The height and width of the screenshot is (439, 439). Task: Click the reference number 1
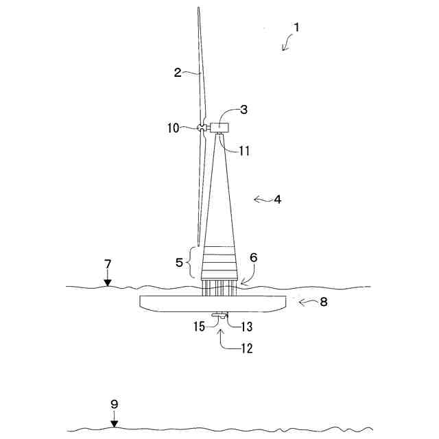tap(296, 28)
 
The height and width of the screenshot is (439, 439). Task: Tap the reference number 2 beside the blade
tap(178, 73)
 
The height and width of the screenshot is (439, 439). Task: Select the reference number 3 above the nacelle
tap(244, 110)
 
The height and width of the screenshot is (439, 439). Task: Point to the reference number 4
tap(277, 200)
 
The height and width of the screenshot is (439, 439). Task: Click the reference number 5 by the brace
tap(180, 262)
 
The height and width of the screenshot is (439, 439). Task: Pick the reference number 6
tap(253, 257)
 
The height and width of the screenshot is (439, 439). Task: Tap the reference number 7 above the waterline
tap(108, 264)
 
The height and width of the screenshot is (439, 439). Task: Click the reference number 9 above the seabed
tap(115, 405)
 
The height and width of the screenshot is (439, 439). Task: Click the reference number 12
tap(246, 348)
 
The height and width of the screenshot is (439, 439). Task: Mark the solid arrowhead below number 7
tap(108, 282)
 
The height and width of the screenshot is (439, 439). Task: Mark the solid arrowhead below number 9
tap(115, 424)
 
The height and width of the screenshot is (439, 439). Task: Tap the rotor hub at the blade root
tap(201, 128)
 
